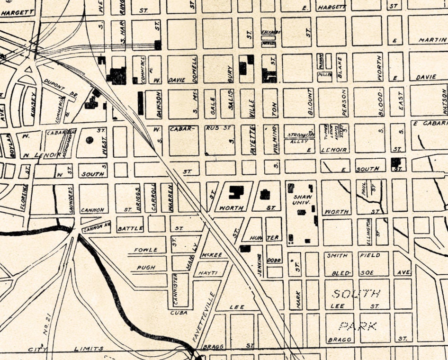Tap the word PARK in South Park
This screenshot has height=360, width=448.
click(358, 326)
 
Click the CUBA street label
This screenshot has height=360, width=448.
click(179, 313)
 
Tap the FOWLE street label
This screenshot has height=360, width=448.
click(145, 250)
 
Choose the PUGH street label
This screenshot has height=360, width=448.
click(146, 267)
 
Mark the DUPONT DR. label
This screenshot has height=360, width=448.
click(60, 88)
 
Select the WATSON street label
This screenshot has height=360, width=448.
click(444, 100)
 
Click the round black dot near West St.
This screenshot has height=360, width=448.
click(90, 140)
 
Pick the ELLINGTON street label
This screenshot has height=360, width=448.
click(367, 231)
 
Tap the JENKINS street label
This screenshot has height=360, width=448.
click(259, 263)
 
